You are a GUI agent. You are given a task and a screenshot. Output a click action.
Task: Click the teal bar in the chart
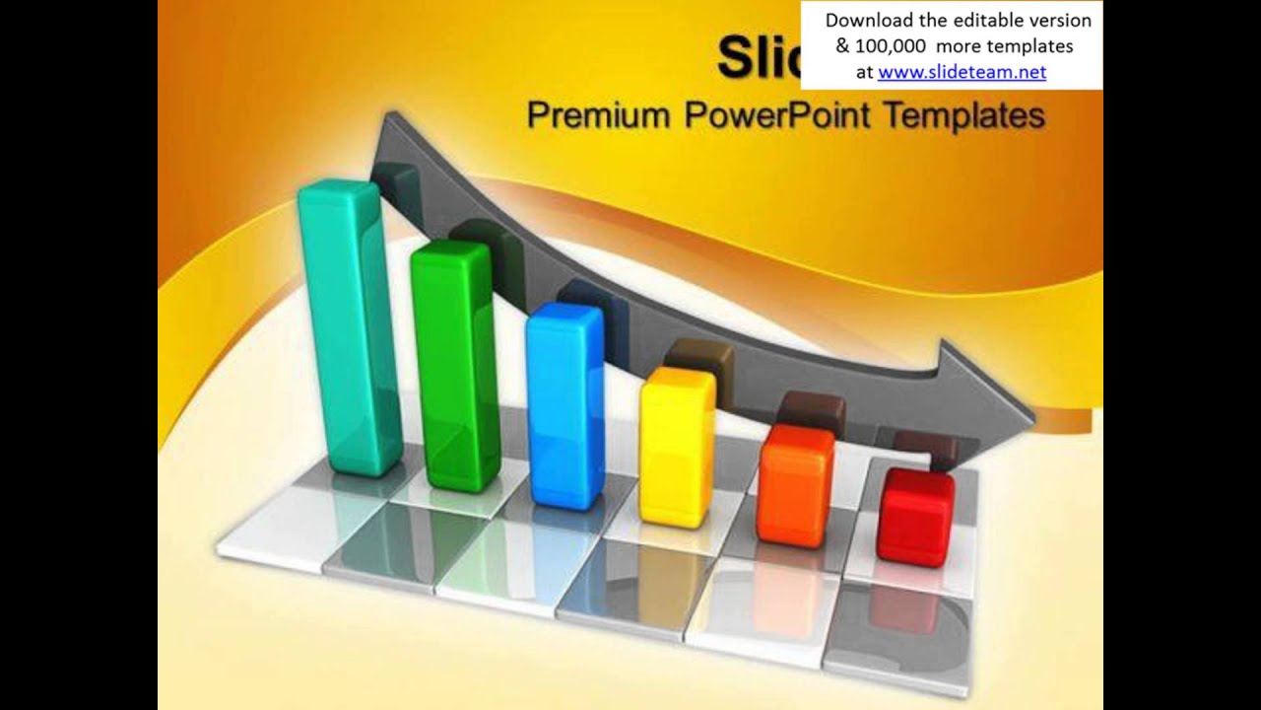[350, 335]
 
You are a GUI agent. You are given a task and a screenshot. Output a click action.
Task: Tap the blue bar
[564, 409]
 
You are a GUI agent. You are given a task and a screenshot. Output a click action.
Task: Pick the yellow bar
[677, 449]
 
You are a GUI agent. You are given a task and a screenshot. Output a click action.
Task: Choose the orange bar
[794, 488]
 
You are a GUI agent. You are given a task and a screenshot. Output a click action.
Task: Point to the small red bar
[915, 518]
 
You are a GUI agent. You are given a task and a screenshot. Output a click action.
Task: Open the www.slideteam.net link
[962, 71]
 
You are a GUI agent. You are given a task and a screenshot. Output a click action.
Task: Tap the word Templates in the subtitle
[963, 115]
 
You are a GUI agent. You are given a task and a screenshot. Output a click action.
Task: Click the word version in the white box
[1059, 20]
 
